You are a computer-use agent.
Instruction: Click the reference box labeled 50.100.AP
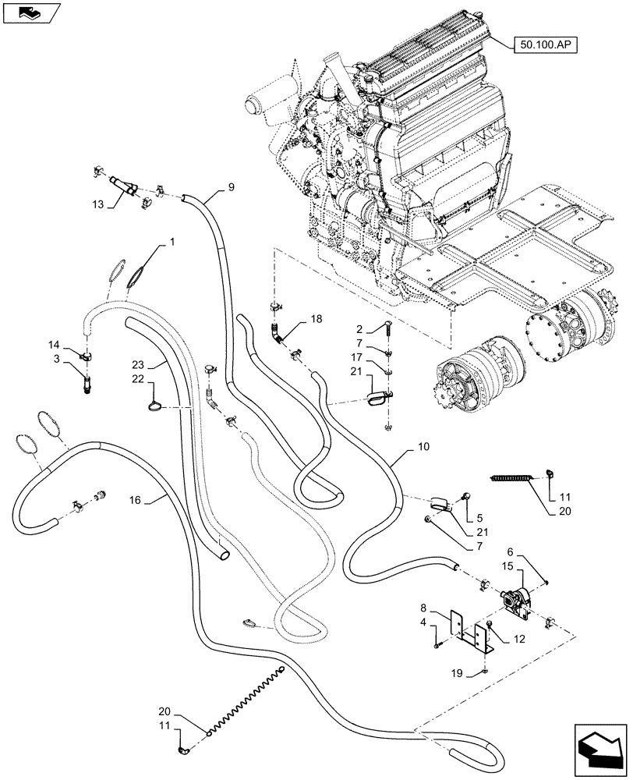pyautogui.click(x=545, y=46)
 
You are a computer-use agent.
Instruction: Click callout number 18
pyautogui.click(x=315, y=320)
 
